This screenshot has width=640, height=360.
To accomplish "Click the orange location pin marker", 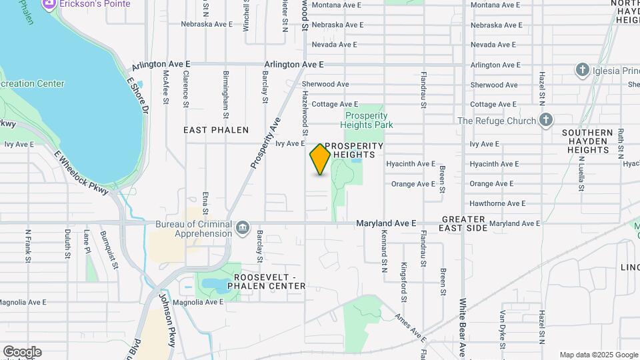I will [x=320, y=159].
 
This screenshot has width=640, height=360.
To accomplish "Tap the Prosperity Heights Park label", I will [x=367, y=120].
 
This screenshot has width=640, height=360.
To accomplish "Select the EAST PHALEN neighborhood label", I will [x=216, y=130].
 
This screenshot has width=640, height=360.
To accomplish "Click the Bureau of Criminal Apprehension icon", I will [x=242, y=229].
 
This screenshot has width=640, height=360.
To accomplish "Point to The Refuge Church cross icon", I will [x=546, y=121].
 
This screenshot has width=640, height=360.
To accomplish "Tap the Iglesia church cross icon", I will [x=583, y=70].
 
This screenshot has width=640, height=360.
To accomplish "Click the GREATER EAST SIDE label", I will [x=463, y=223].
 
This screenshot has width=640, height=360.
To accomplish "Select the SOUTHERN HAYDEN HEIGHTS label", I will [x=587, y=141].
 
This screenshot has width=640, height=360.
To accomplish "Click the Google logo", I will [x=22, y=352].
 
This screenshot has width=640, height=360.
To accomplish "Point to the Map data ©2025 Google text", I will [x=599, y=355].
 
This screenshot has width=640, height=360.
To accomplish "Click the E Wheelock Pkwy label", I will [x=81, y=172].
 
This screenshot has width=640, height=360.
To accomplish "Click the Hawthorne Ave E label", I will [x=497, y=203].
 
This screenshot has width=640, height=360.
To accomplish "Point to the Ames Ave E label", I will [x=410, y=325].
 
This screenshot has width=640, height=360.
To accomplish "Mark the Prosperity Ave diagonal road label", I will [x=265, y=143].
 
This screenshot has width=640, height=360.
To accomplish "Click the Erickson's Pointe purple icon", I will [x=49, y=5].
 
